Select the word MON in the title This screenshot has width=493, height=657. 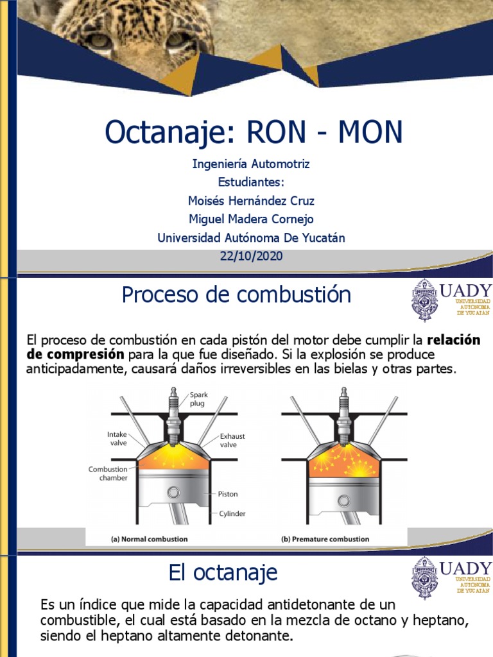point(370,132)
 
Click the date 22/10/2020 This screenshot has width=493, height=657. point(251,257)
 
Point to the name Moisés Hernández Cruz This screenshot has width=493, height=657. point(251,201)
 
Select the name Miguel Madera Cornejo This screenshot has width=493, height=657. point(251,219)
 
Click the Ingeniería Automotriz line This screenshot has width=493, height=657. point(251,164)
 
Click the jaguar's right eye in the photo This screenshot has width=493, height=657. point(177,40)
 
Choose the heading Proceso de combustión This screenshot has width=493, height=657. point(236,295)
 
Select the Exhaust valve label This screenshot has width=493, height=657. point(232,440)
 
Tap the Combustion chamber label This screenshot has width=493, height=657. point(108,474)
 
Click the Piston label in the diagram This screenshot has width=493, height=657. point(227,494)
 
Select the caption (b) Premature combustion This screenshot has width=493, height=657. point(325,539)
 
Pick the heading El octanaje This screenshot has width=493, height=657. point(223,572)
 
